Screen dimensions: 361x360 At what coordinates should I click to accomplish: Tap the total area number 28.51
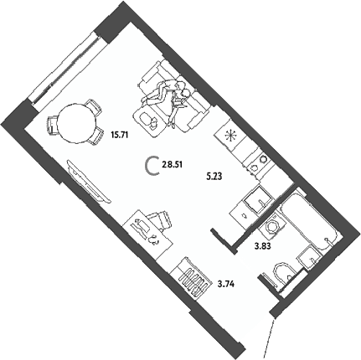click(x=172, y=165)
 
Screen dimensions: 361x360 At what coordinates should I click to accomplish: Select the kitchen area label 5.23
click(x=214, y=177)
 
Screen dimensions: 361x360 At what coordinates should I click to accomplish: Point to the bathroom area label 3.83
click(x=263, y=246)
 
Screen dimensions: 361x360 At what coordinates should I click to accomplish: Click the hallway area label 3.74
click(x=225, y=285)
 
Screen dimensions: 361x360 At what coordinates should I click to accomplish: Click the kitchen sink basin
click(x=258, y=199)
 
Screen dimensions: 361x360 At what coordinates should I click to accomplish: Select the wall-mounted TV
click(x=88, y=181)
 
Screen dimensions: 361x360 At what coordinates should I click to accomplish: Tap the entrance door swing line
click(x=269, y=337)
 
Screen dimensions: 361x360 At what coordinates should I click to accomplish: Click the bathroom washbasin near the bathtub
click(x=308, y=257)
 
